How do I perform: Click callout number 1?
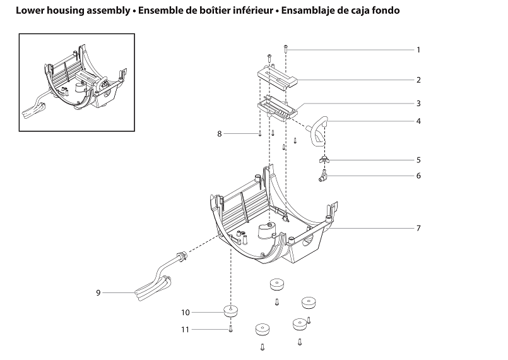pyautogui.click(x=418, y=49)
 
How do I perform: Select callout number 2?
pyautogui.click(x=418, y=80)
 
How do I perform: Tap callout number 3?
pyautogui.click(x=418, y=103)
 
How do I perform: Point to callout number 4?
pyautogui.click(x=418, y=121)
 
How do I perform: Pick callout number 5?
pyautogui.click(x=418, y=160)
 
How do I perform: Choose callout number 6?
pyautogui.click(x=418, y=176)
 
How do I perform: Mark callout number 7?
pyautogui.click(x=418, y=227)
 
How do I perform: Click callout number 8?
pyautogui.click(x=220, y=134)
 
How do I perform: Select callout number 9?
pyautogui.click(x=98, y=292)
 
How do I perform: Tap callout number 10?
pyautogui.click(x=186, y=312)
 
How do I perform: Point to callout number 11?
pyautogui.click(x=186, y=329)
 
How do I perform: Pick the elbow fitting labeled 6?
pyautogui.click(x=323, y=177)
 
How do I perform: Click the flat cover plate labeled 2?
pyautogui.click(x=280, y=80)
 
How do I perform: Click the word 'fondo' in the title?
pyautogui.click(x=384, y=11)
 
